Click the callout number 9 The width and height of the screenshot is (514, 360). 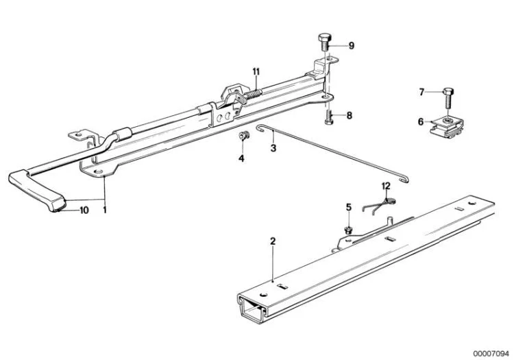point(352,45)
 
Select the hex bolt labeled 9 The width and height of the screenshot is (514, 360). point(325,42)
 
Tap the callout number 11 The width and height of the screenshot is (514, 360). point(256,71)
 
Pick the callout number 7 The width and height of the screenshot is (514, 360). point(422,92)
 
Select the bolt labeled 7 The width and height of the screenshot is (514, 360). point(448,99)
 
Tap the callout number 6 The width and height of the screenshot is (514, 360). point(421,122)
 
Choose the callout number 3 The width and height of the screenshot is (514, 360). point(273,148)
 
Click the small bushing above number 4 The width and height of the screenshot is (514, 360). point(243,135)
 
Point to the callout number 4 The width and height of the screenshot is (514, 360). point(241,158)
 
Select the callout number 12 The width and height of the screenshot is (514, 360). point(386,187)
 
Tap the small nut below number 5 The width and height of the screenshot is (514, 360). point(348,229)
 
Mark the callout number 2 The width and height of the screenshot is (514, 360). point(273,241)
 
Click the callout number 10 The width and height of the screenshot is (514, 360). point(84,210)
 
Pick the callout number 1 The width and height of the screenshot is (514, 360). point(105,210)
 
